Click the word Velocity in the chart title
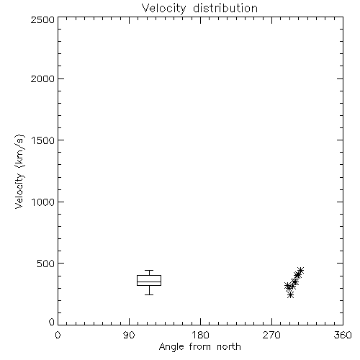click(x=163, y=9)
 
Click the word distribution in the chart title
click(x=225, y=8)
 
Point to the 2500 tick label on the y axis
click(x=42, y=19)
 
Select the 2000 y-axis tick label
click(x=42, y=78)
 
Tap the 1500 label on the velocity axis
click(x=43, y=140)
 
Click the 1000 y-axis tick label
click(x=43, y=202)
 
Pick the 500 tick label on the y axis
click(x=46, y=264)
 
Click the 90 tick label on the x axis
click(x=129, y=335)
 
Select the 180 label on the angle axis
click(x=200, y=335)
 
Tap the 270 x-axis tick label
click(x=271, y=335)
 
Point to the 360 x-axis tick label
click(x=343, y=335)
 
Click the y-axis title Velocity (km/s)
click(x=19, y=171)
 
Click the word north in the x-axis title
click(x=229, y=347)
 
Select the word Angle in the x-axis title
click(x=171, y=347)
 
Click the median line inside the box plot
click(x=149, y=282)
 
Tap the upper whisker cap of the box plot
click(x=149, y=271)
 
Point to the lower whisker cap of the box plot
click(x=149, y=294)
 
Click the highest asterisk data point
click(x=300, y=271)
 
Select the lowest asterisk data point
click(x=291, y=294)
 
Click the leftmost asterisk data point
click(x=287, y=286)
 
